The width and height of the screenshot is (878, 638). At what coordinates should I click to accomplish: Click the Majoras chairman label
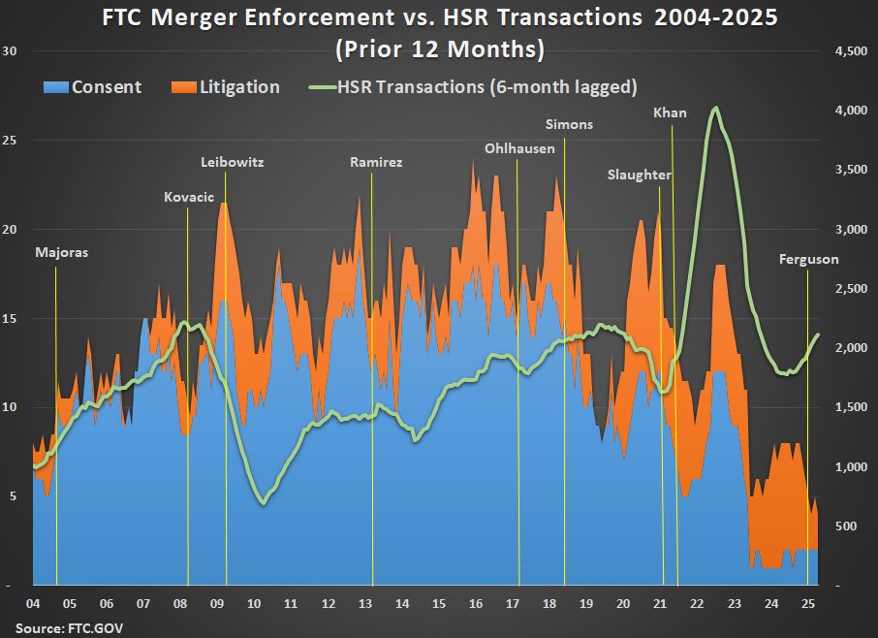click(61, 253)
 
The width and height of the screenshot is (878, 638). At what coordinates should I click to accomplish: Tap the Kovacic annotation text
click(188, 197)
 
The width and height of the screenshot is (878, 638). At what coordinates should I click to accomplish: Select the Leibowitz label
click(232, 162)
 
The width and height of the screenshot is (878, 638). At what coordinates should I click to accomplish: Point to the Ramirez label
click(375, 162)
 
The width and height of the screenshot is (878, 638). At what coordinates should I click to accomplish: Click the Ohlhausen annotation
click(520, 148)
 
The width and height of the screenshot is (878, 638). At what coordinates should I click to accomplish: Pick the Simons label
click(569, 124)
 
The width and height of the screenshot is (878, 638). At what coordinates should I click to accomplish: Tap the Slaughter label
click(640, 175)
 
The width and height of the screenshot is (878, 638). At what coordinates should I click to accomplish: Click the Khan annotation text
click(670, 112)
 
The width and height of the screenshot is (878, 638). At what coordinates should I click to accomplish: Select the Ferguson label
click(809, 259)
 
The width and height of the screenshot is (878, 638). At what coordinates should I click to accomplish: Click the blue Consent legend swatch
click(55, 87)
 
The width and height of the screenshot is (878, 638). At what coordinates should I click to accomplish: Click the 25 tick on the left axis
click(11, 141)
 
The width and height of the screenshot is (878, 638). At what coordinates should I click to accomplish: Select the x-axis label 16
click(475, 604)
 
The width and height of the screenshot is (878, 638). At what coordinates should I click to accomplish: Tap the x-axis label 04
click(35, 604)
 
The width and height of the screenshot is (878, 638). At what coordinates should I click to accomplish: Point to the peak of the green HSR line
click(715, 109)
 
